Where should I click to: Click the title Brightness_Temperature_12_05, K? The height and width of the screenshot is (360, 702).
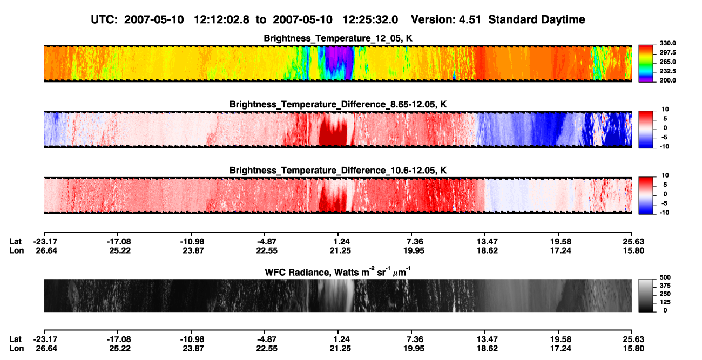(338, 38)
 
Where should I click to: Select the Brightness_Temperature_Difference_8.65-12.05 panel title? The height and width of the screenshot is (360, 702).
(338, 104)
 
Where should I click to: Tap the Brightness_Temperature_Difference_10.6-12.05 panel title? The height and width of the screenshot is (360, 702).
(338, 171)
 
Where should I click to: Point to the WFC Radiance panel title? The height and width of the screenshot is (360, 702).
(338, 272)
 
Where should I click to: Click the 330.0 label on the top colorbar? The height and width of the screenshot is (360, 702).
(667, 43)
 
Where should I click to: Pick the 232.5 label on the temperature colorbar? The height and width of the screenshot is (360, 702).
(667, 71)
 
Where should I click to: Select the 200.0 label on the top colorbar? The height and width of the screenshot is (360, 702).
(667, 80)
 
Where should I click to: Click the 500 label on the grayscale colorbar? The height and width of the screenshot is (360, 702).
(665, 277)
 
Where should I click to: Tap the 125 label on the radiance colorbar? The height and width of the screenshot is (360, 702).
(665, 302)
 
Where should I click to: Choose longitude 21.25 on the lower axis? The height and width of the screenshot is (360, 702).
(340, 349)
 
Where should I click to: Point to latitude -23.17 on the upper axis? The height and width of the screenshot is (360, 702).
(45, 242)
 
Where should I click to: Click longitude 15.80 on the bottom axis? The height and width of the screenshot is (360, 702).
(633, 349)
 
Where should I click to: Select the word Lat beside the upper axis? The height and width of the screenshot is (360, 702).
(15, 242)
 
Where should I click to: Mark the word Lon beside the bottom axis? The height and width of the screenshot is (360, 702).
(17, 349)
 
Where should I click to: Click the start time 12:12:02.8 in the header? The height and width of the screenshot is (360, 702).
(221, 19)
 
